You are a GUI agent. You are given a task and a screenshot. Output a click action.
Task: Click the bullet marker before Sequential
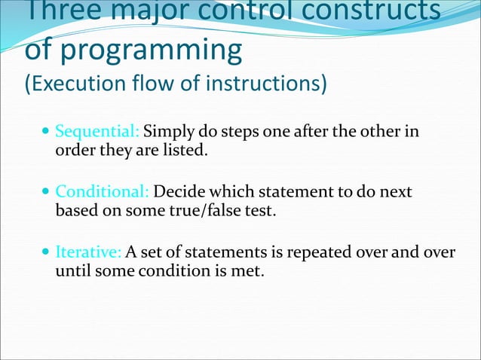tap(46, 133)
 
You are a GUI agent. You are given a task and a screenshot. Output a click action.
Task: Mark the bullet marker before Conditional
tap(46, 193)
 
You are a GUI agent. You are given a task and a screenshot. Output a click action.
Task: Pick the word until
tap(72, 270)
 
